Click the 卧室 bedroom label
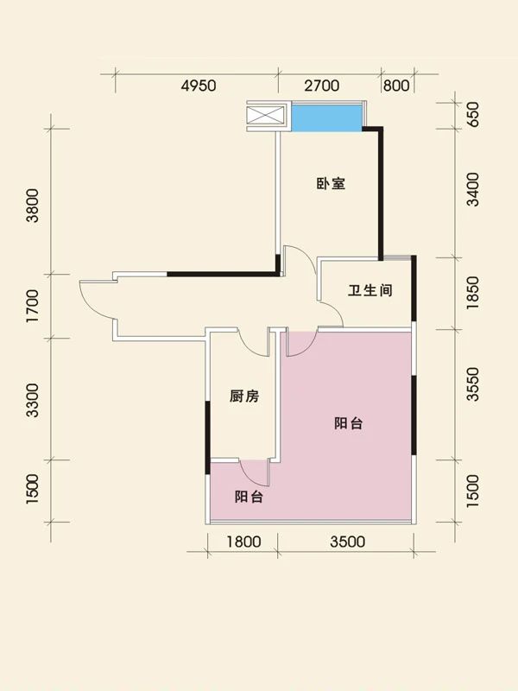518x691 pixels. pyautogui.click(x=331, y=184)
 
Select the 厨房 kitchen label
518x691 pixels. pyautogui.click(x=244, y=396)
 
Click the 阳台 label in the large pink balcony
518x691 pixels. pyautogui.click(x=348, y=423)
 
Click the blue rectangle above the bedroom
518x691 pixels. pyautogui.click(x=325, y=117)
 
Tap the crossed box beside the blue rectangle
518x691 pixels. pyautogui.click(x=266, y=117)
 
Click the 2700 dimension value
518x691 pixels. pyautogui.click(x=323, y=86)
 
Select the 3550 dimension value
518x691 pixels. pyautogui.click(x=472, y=384)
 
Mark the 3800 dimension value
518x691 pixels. pyautogui.click(x=33, y=206)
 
